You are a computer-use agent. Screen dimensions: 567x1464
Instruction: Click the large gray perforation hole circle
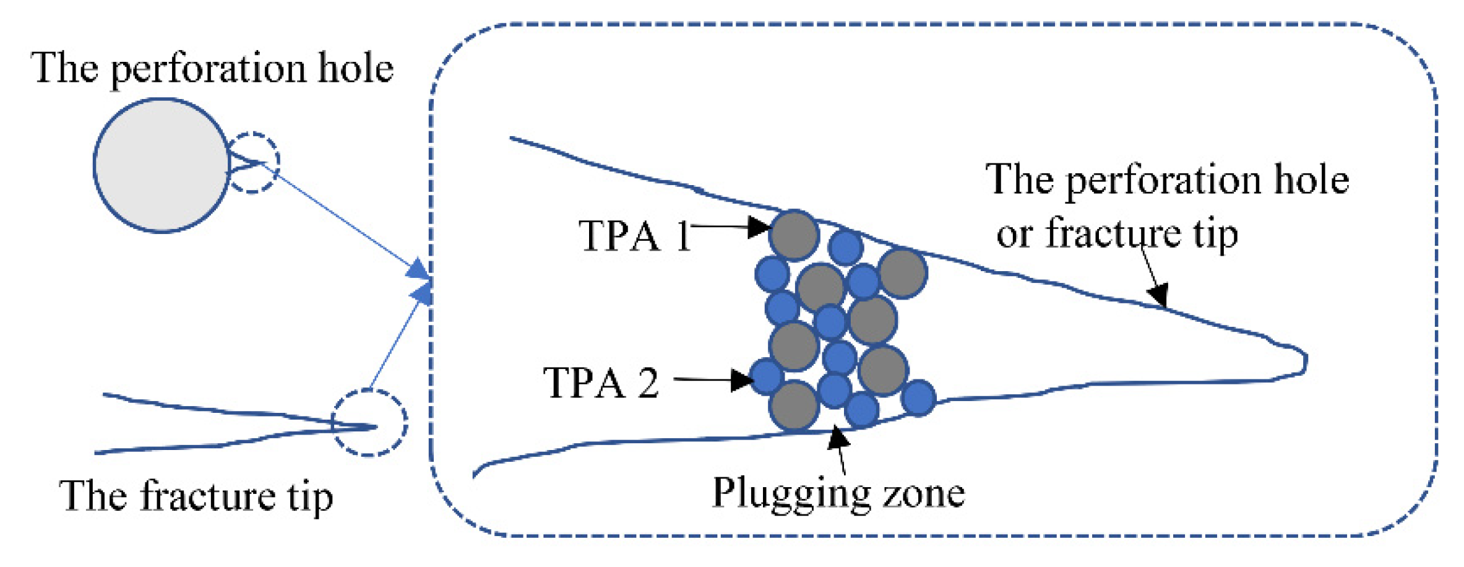pyautogui.click(x=161, y=165)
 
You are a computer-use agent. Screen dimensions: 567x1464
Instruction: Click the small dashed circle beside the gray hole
pyautogui.click(x=253, y=163)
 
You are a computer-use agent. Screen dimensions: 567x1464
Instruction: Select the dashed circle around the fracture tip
pyautogui.click(x=369, y=423)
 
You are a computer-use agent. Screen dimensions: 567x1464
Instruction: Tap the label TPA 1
pyautogui.click(x=635, y=236)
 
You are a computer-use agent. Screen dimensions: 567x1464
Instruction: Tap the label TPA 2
pyautogui.click(x=600, y=383)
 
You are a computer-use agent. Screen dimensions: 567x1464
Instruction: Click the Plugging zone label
pyautogui.click(x=838, y=494)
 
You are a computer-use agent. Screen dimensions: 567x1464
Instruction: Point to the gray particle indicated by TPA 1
pyautogui.click(x=794, y=235)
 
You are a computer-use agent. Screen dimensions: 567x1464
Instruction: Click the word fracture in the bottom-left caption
pyautogui.click(x=209, y=496)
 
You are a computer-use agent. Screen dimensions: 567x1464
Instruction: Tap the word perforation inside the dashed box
pyautogui.click(x=1163, y=181)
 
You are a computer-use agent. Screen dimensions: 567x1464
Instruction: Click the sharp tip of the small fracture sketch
pyautogui.click(x=374, y=426)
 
